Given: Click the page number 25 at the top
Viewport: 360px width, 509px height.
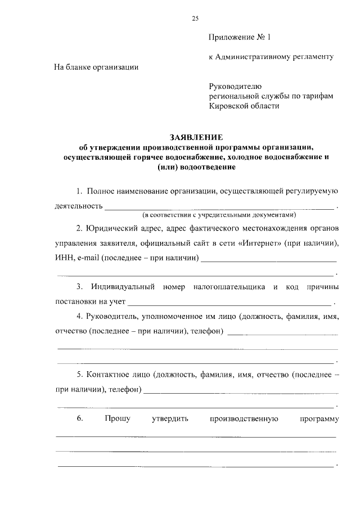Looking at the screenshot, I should point(195,19).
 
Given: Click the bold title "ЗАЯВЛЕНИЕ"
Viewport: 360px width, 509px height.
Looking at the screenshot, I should point(196,137).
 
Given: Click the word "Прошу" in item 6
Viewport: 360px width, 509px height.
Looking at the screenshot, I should point(118,418).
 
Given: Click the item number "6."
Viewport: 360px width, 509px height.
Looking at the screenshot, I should point(80,418).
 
